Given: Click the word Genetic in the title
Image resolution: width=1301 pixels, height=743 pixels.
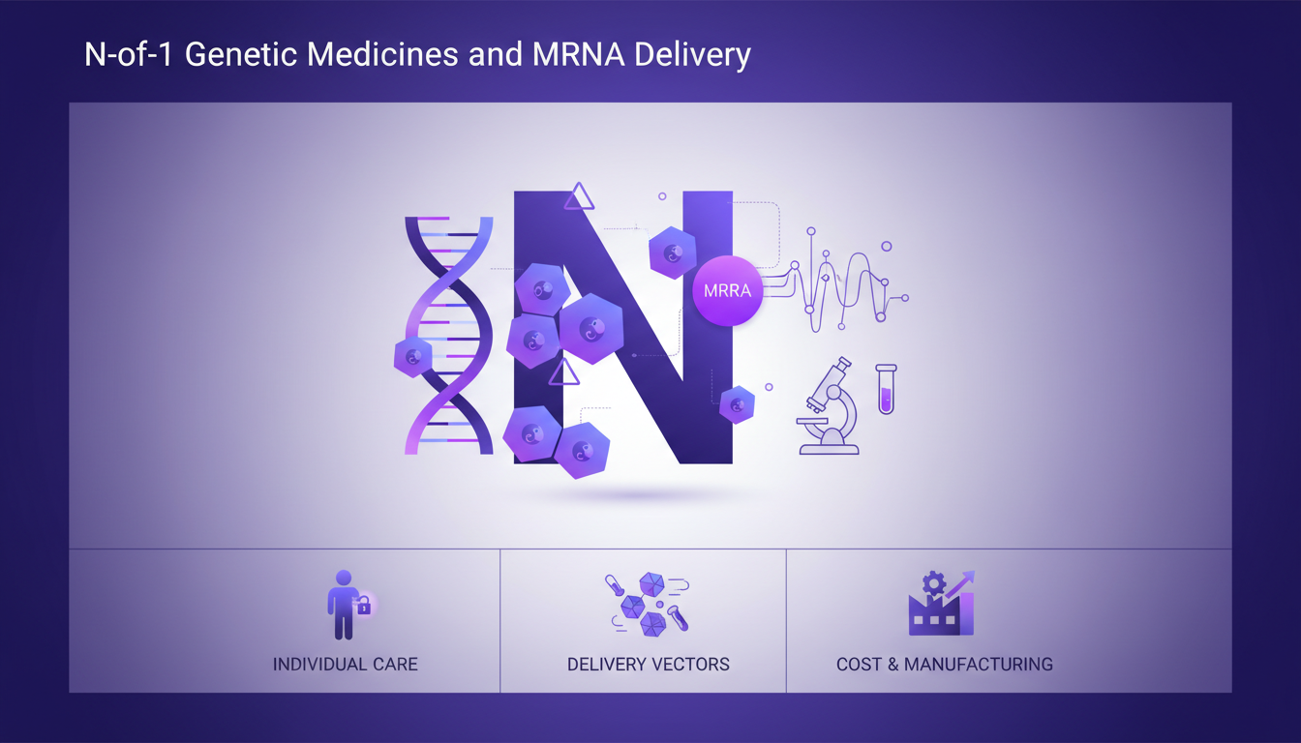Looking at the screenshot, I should click(244, 54).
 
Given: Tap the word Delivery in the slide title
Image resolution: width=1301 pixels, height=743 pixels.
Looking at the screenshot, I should click(691, 54).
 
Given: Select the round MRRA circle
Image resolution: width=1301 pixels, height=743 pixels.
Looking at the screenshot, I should click(728, 290).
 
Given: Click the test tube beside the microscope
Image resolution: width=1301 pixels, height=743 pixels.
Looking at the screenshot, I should click(886, 389).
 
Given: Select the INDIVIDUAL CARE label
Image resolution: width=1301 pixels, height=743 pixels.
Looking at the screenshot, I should click(346, 665).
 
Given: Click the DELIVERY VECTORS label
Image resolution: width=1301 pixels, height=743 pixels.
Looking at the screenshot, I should click(649, 665).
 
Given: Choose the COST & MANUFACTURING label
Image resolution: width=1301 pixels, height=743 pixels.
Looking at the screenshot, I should click(945, 665).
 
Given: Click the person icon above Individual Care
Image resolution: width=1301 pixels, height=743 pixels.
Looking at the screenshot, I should click(343, 605).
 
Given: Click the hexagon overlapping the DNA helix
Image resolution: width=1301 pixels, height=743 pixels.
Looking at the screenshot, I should click(413, 357).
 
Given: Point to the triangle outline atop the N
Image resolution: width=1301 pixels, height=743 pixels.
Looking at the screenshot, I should click(579, 197).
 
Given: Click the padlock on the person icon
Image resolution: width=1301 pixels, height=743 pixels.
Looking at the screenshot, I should click(364, 607).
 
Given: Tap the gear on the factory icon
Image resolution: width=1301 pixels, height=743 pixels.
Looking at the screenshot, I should click(933, 582).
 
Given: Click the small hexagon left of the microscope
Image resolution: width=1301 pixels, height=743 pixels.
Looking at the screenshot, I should click(737, 404).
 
